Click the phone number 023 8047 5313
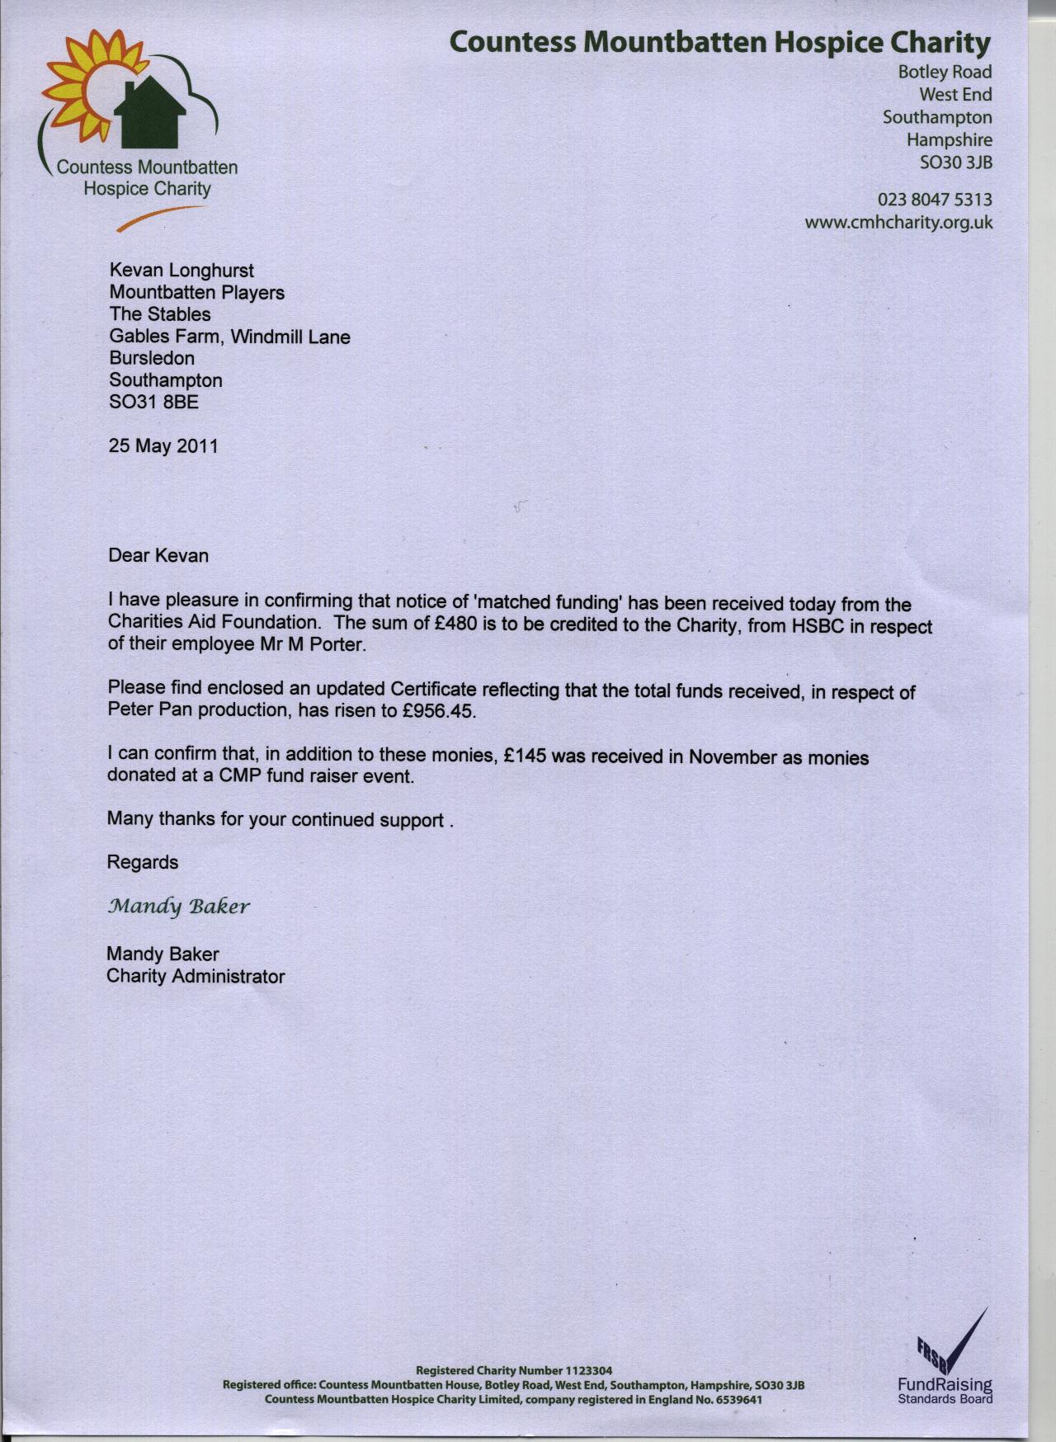[x=934, y=200]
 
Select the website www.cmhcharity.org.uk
[x=898, y=223]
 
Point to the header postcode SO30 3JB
[x=955, y=163]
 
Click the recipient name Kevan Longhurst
[x=181, y=271]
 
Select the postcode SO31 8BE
[x=153, y=403]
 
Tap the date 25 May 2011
[x=163, y=446]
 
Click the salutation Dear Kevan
[x=158, y=555]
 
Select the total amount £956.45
[x=438, y=711]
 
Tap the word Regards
[x=143, y=862]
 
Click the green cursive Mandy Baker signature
[x=178, y=907]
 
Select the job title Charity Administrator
[x=196, y=977]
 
